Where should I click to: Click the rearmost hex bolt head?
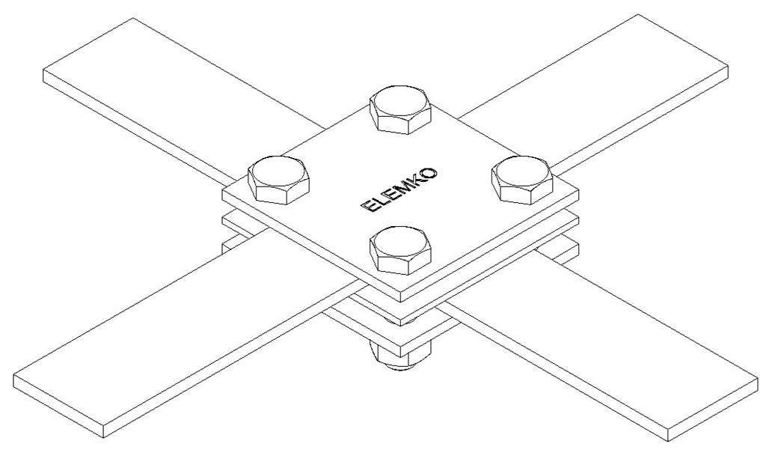[x=400, y=110]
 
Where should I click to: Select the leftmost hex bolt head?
[x=279, y=180]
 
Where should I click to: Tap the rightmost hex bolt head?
[x=521, y=180]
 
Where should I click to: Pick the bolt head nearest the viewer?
[x=400, y=250]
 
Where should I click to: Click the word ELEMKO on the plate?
[x=399, y=190]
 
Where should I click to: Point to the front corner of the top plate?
[x=401, y=301]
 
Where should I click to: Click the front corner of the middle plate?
[x=401, y=326]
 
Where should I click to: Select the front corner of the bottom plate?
[x=401, y=356]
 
